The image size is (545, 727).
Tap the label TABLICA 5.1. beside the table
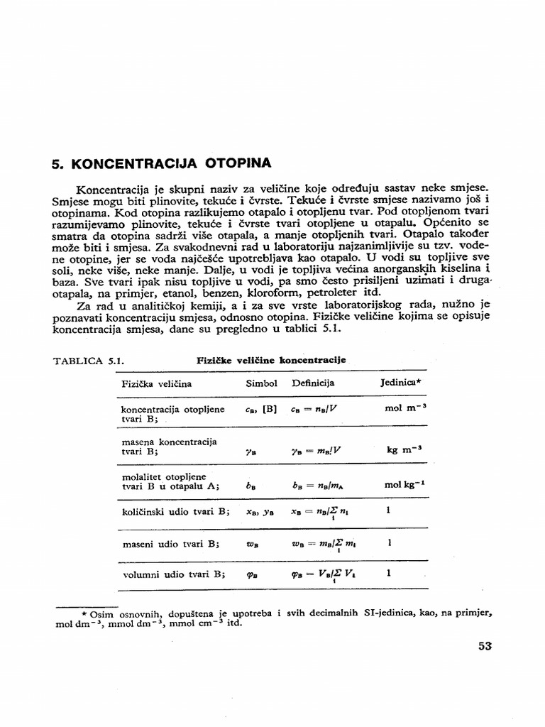89,361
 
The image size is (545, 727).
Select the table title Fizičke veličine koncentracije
271,360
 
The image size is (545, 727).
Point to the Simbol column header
261,383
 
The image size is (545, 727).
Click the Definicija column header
313,383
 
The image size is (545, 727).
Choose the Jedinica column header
401,383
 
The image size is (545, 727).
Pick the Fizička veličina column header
156,384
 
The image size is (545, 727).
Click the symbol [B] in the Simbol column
270,410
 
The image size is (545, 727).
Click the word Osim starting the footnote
104,613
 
